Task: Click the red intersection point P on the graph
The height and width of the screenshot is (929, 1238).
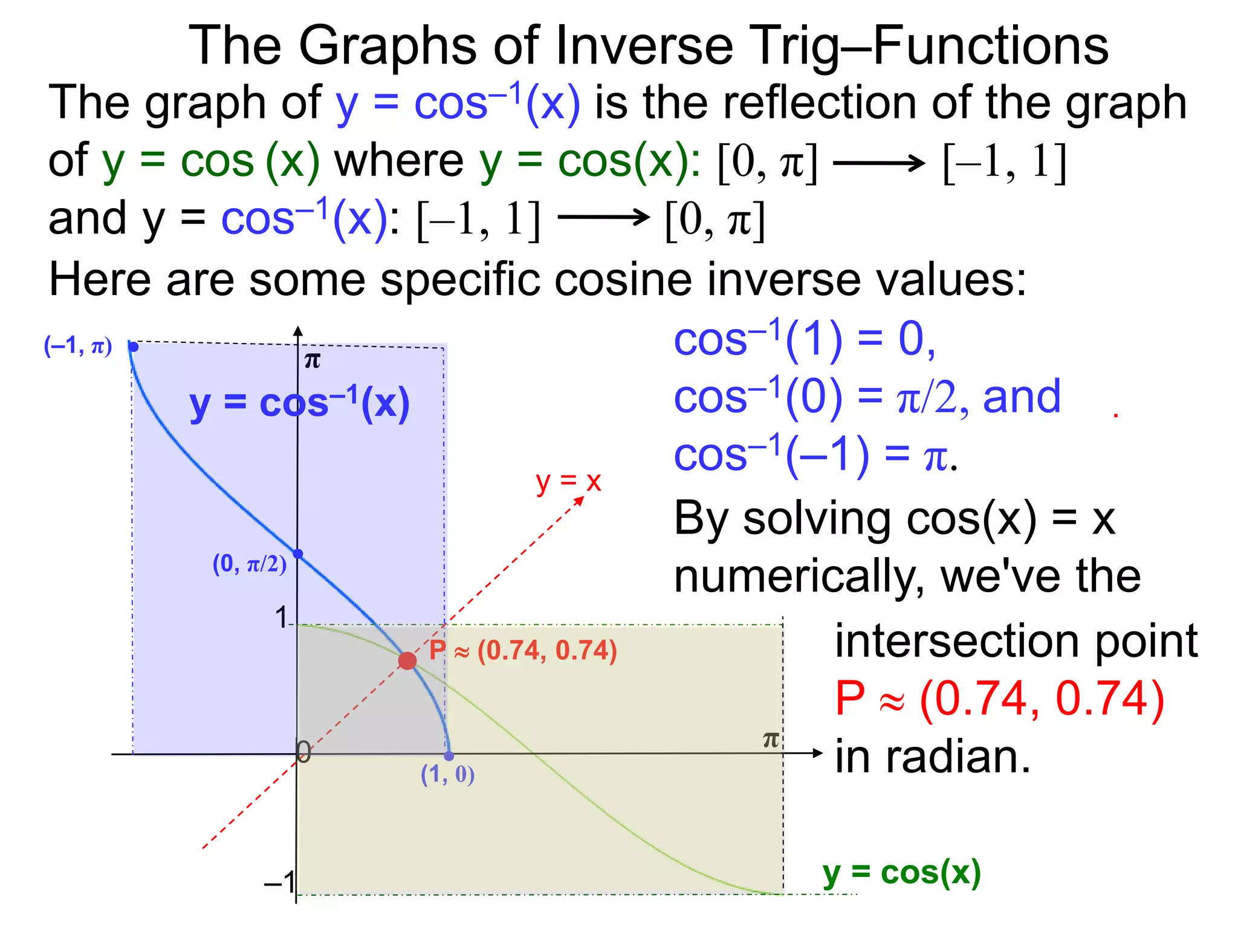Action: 407,660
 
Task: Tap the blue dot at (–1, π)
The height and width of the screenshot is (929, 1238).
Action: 134,347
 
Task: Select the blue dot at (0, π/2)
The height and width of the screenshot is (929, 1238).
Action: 297,553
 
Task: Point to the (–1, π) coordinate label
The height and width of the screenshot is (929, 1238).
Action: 78,346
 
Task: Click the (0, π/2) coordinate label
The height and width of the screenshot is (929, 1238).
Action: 249,564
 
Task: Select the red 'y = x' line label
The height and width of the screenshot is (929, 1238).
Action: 568,482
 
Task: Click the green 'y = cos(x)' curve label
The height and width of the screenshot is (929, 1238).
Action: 901,873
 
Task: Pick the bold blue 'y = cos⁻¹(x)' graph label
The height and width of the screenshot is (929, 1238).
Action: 299,404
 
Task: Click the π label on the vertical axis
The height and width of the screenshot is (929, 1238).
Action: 312,361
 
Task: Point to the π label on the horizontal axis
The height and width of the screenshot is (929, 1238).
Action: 771,740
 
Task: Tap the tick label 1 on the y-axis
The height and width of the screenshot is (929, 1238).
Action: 281,618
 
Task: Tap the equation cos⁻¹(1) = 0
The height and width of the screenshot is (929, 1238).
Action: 804,339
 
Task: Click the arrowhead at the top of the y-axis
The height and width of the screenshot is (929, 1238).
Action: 297,331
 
